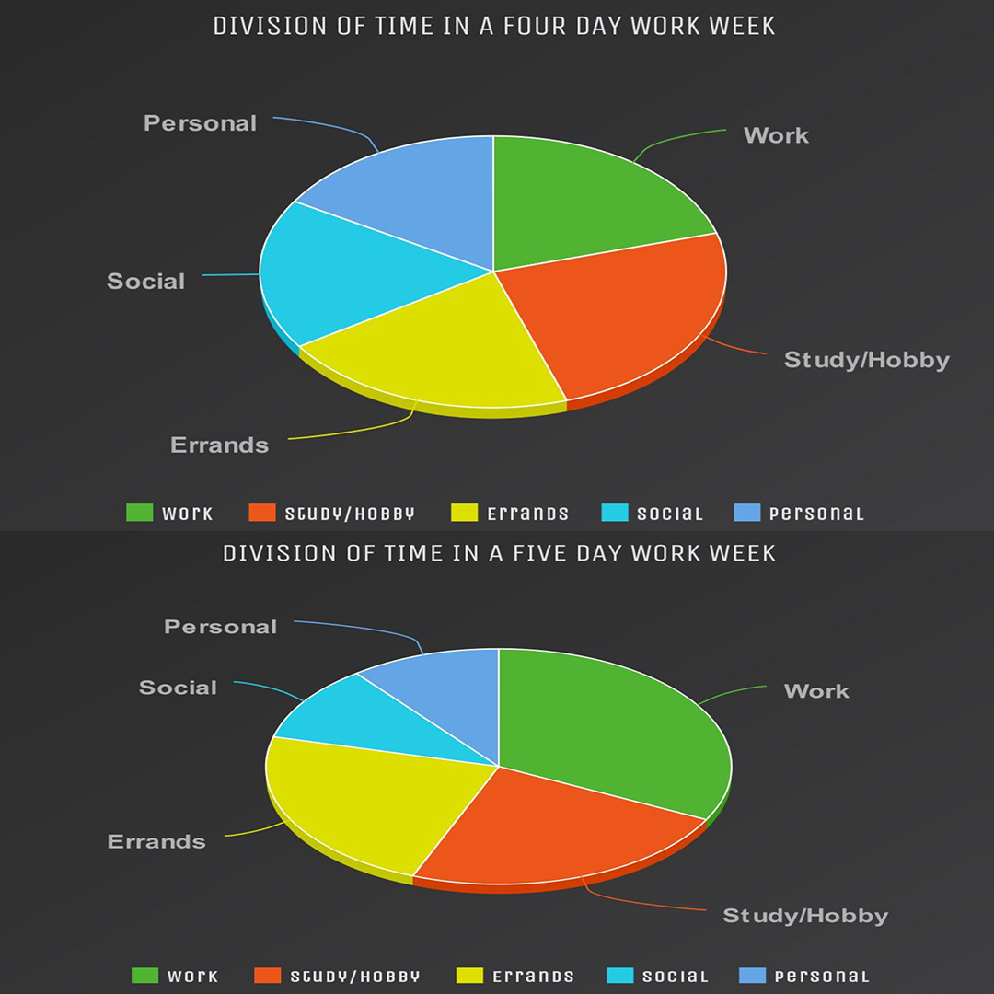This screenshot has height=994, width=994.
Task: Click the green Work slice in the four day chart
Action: pos(589,202)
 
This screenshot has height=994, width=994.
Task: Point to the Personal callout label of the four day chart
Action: pos(201,123)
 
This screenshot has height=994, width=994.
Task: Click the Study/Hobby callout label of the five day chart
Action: pos(805,916)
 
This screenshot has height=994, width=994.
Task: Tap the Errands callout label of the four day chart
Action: pos(220,445)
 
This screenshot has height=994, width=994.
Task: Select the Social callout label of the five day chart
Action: pos(179,688)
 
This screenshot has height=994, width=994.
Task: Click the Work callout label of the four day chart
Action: pos(776,135)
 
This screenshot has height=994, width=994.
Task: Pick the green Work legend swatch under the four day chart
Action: pos(140,514)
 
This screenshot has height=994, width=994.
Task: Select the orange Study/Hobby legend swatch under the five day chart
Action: pos(267,976)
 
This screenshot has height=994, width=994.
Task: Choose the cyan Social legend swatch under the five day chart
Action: pos(620,976)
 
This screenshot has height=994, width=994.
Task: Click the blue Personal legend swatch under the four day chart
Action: pos(746,514)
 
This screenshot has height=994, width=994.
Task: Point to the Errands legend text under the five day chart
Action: pos(533,977)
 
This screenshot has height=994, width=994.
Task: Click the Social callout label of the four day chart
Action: pos(146,282)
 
